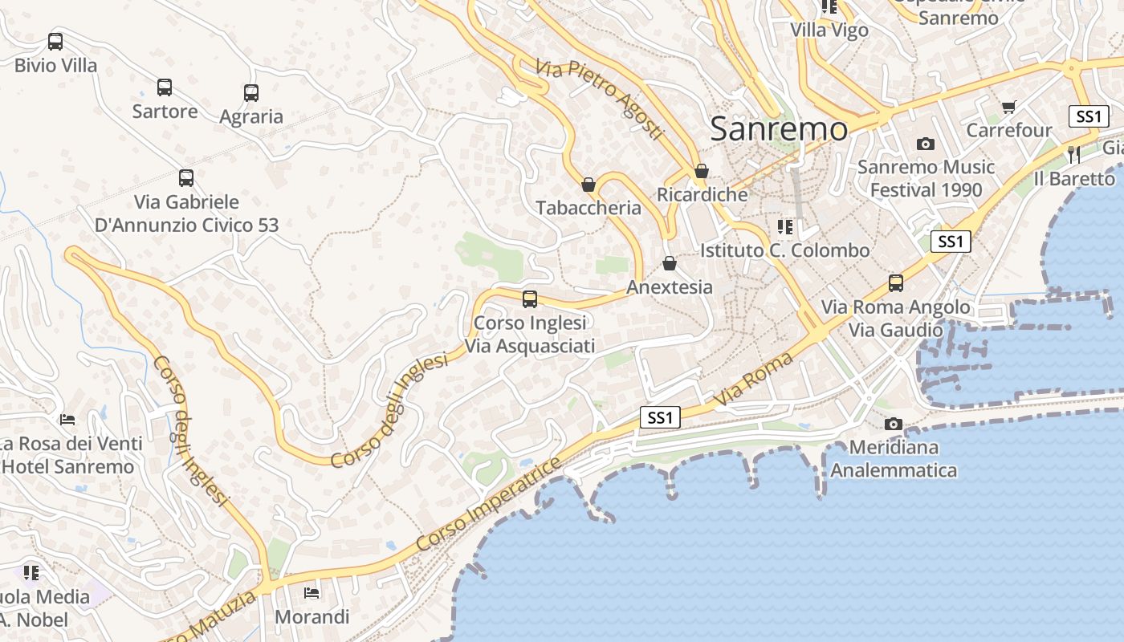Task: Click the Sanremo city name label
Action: (779, 128)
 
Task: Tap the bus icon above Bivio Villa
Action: (55, 42)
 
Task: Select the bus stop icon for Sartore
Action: (165, 87)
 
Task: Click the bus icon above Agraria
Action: (251, 93)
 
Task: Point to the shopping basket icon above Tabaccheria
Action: (588, 185)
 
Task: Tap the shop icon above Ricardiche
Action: (702, 171)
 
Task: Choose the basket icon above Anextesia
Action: (670, 263)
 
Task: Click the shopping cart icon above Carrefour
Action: (1009, 107)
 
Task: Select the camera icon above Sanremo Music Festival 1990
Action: (926, 144)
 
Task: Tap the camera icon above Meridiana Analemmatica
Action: (893, 424)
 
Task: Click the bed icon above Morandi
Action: (312, 593)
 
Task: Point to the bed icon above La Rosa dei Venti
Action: (68, 420)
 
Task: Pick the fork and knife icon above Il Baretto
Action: (1074, 154)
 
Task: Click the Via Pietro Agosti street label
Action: (601, 100)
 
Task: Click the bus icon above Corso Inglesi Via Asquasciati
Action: (530, 299)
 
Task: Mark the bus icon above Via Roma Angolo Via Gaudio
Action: (896, 283)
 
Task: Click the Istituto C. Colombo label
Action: (784, 250)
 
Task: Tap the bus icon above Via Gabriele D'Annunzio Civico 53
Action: (186, 178)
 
